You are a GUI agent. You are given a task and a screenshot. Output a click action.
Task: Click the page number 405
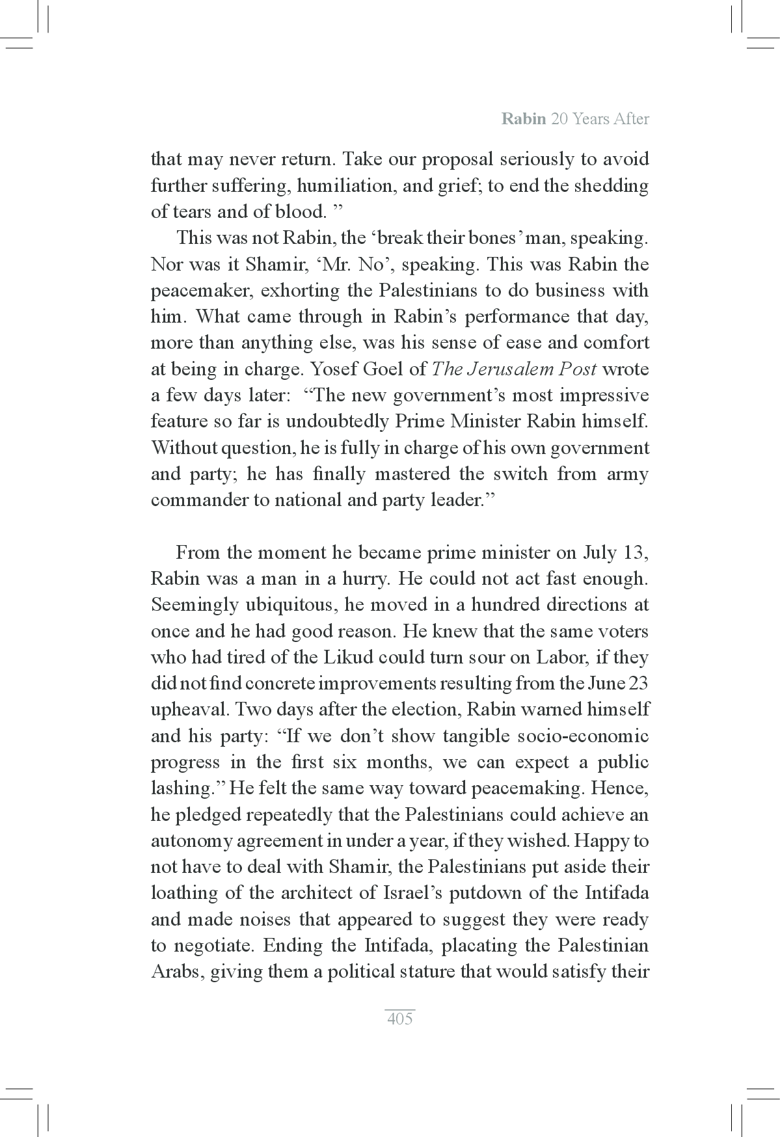click(399, 1019)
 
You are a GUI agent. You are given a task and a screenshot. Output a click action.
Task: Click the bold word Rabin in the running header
click(524, 119)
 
